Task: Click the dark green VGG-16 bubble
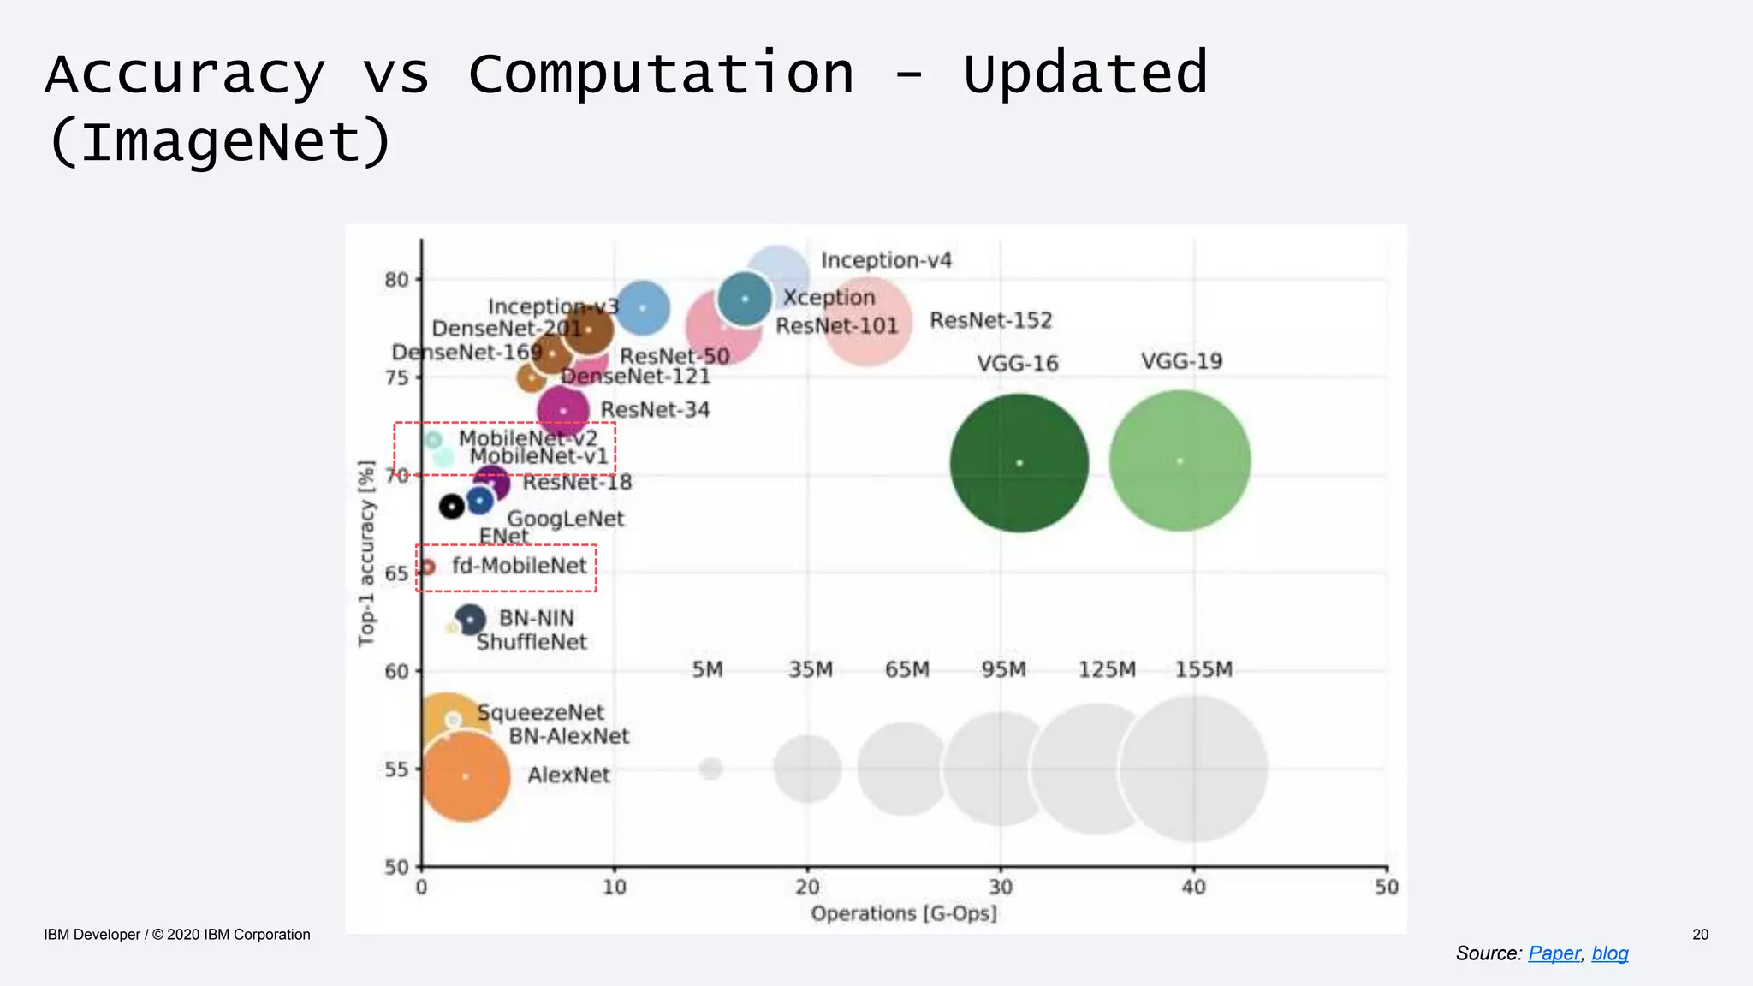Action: [1019, 463]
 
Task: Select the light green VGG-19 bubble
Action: [1180, 461]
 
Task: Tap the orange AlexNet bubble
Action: [465, 776]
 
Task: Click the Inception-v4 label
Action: [885, 260]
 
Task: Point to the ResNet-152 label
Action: [990, 320]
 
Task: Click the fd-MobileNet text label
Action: [519, 566]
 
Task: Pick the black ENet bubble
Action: [451, 507]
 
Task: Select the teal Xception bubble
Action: [745, 299]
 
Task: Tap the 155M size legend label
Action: [1203, 669]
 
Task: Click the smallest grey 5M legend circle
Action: [710, 769]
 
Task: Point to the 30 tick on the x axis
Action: [1000, 888]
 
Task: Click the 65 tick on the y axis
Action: [396, 573]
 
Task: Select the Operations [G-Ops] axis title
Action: [903, 913]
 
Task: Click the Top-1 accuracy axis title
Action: [366, 554]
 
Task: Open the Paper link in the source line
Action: [1554, 953]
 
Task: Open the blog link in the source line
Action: [1609, 953]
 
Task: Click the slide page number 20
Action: [1700, 935]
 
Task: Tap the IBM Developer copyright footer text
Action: [177, 935]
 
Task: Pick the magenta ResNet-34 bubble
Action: [562, 411]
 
